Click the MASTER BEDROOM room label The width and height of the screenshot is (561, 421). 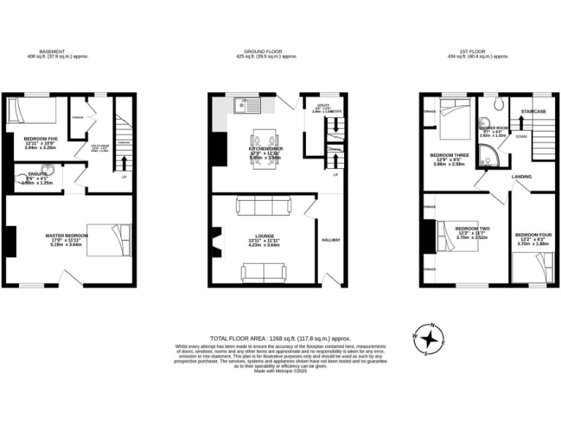point(66,235)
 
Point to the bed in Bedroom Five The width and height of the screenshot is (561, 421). point(31,112)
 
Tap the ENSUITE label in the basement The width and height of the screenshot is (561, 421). point(38,173)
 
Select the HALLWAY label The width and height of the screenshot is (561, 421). point(331,240)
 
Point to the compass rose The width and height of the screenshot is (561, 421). point(432,339)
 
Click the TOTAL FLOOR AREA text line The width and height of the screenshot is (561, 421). point(280,338)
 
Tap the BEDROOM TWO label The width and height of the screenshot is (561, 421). point(472,229)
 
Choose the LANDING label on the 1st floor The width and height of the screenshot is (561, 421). point(521,177)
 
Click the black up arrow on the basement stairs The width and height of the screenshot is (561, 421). point(123,162)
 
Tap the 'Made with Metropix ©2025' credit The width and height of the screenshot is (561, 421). point(280,371)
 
